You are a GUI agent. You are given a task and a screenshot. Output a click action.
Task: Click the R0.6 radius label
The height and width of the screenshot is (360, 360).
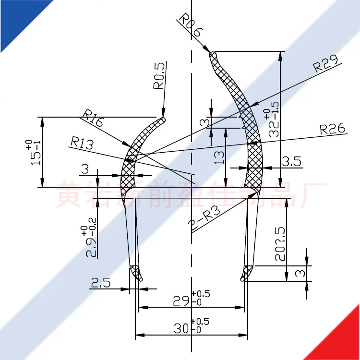pos(191,27)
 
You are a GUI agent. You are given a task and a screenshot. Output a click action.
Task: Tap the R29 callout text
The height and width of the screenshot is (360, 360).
pos(325,64)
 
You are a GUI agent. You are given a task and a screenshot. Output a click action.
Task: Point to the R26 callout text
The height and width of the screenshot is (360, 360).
pos(332,129)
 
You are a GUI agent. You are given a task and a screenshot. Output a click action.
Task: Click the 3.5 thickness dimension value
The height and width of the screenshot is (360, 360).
pos(291,162)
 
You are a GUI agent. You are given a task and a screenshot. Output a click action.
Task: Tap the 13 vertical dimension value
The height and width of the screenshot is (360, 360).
pos(219,157)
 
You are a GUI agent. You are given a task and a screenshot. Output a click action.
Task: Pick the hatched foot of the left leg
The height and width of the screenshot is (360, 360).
pos(136,273)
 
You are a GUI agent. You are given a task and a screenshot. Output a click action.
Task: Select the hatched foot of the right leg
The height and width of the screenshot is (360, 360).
pos(247,273)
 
